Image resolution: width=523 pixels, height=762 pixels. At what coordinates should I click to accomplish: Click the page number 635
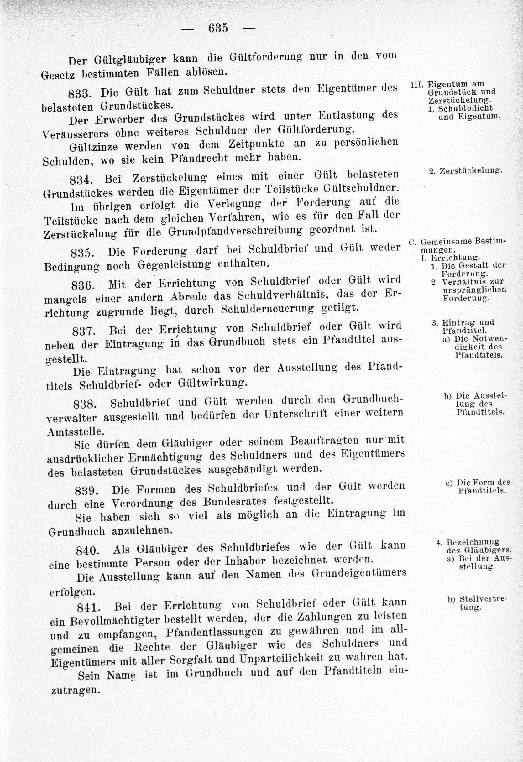click(x=218, y=28)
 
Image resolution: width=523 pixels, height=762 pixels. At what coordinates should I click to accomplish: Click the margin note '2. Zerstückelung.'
click(x=465, y=171)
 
